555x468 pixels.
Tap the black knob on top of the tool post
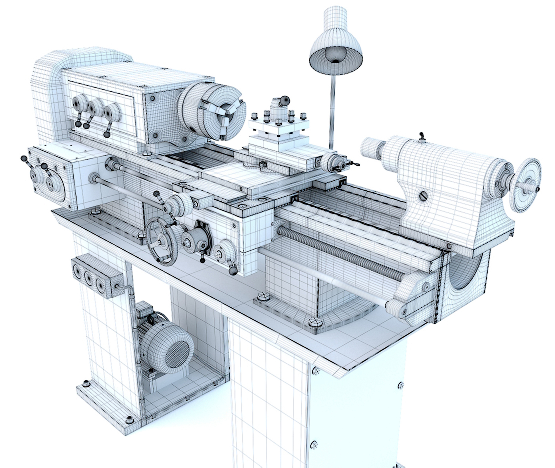click(x=285, y=100)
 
